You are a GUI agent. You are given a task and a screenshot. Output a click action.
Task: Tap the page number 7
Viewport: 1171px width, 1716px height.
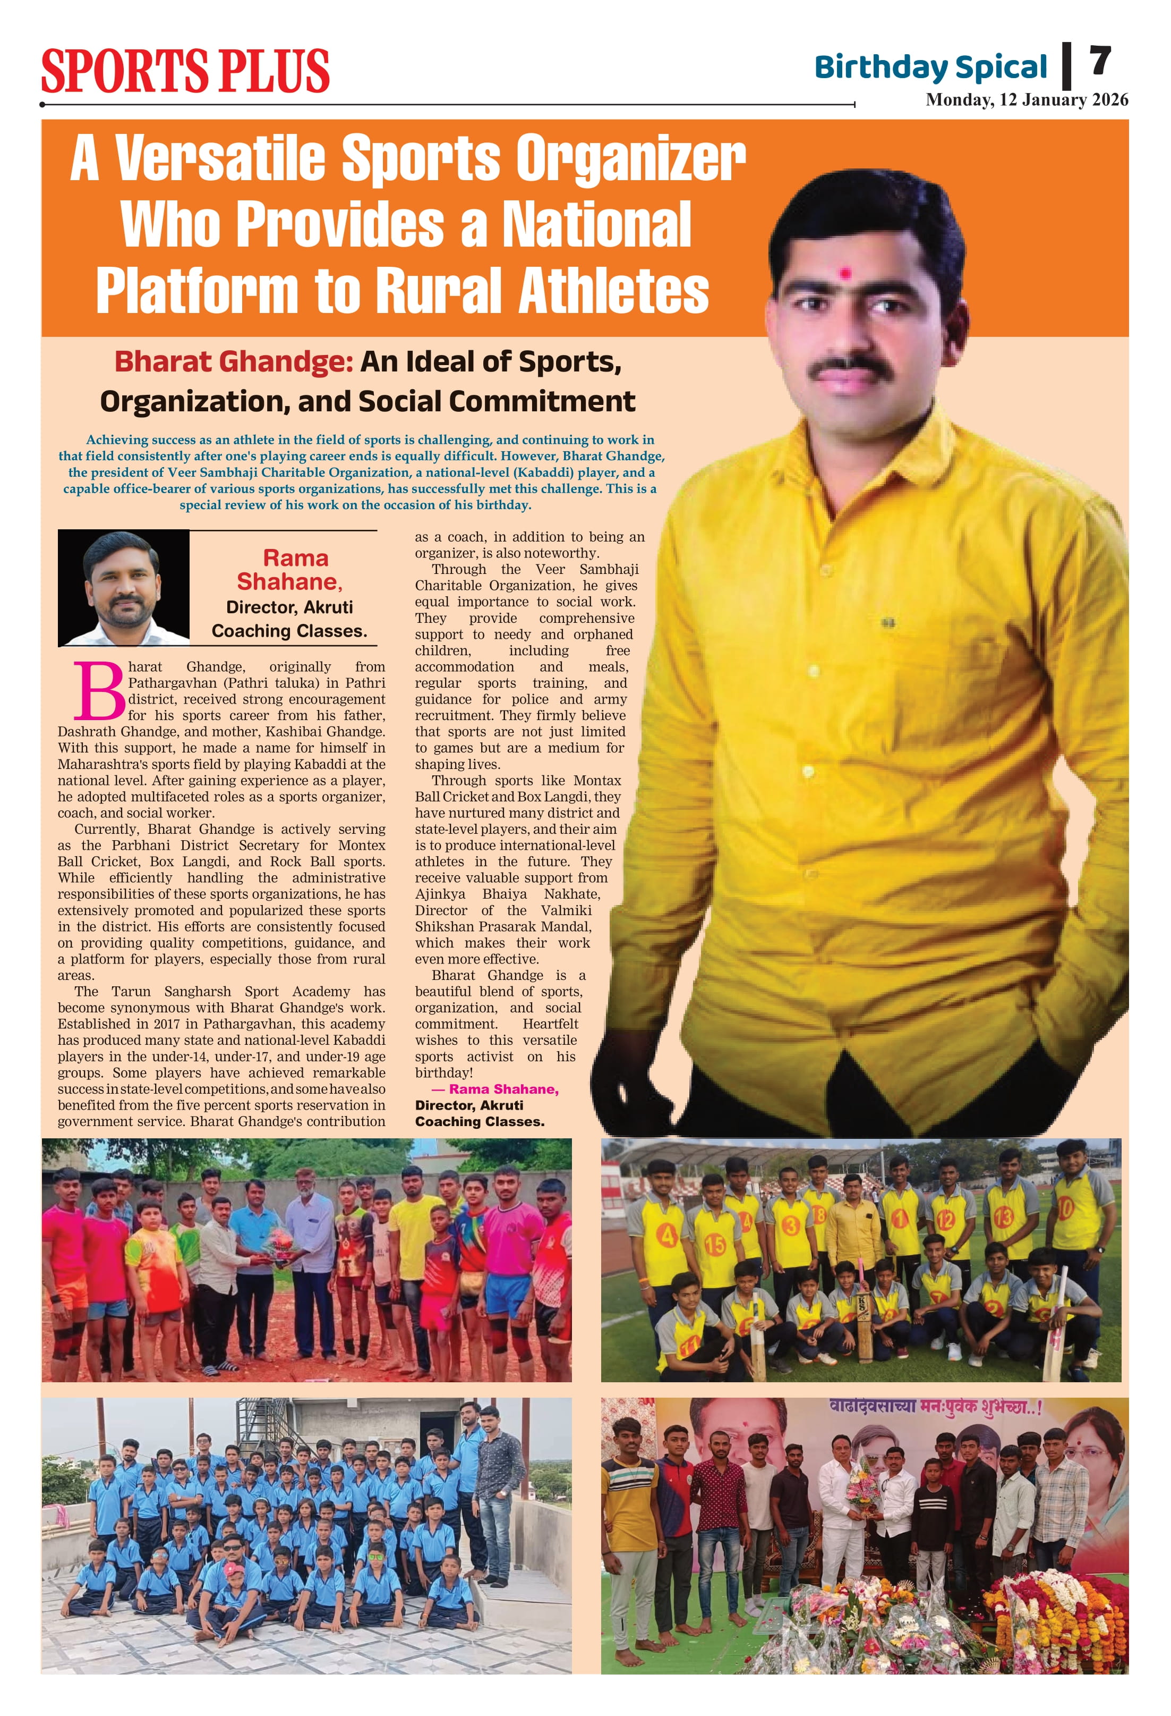pyautogui.click(x=1099, y=61)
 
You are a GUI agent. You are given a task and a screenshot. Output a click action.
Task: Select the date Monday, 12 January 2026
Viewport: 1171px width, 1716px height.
pyautogui.click(x=1027, y=100)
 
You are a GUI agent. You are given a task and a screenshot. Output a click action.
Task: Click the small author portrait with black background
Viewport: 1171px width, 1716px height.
pyautogui.click(x=124, y=588)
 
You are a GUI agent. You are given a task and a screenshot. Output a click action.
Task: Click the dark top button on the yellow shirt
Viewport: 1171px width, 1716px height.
pyautogui.click(x=888, y=623)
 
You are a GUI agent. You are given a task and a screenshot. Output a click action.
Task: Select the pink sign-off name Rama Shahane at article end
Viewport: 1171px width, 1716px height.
pyautogui.click(x=503, y=1089)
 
